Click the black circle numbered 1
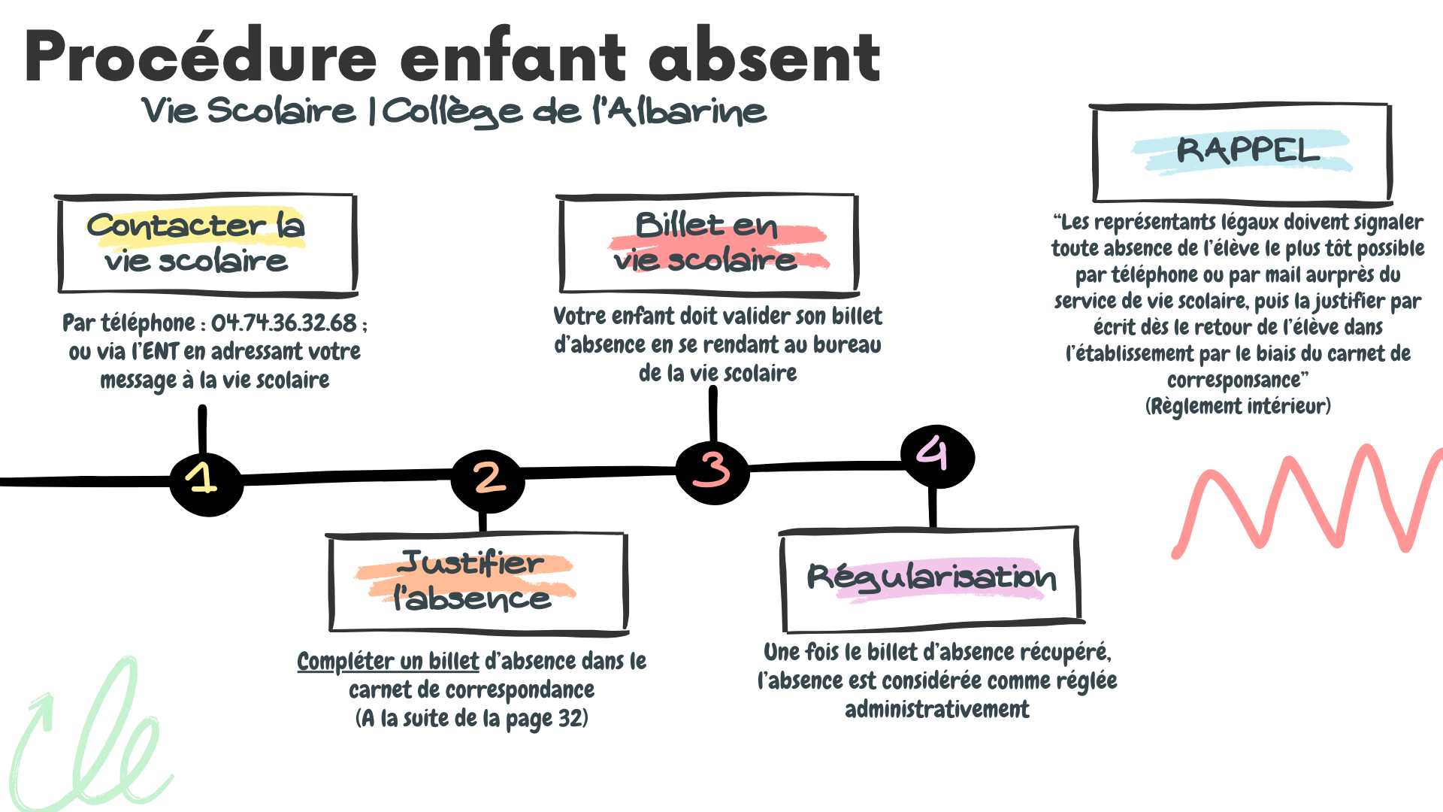click(x=206, y=483)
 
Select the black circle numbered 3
click(x=712, y=471)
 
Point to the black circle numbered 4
click(x=936, y=456)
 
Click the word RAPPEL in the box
click(x=1248, y=150)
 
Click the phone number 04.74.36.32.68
click(x=284, y=323)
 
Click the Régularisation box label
click(x=932, y=578)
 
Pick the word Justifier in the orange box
click(x=470, y=563)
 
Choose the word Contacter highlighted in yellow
click(x=176, y=225)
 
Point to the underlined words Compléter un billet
click(x=388, y=662)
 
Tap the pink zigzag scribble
click(x=1308, y=500)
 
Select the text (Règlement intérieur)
click(x=1238, y=407)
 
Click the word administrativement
click(x=937, y=710)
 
